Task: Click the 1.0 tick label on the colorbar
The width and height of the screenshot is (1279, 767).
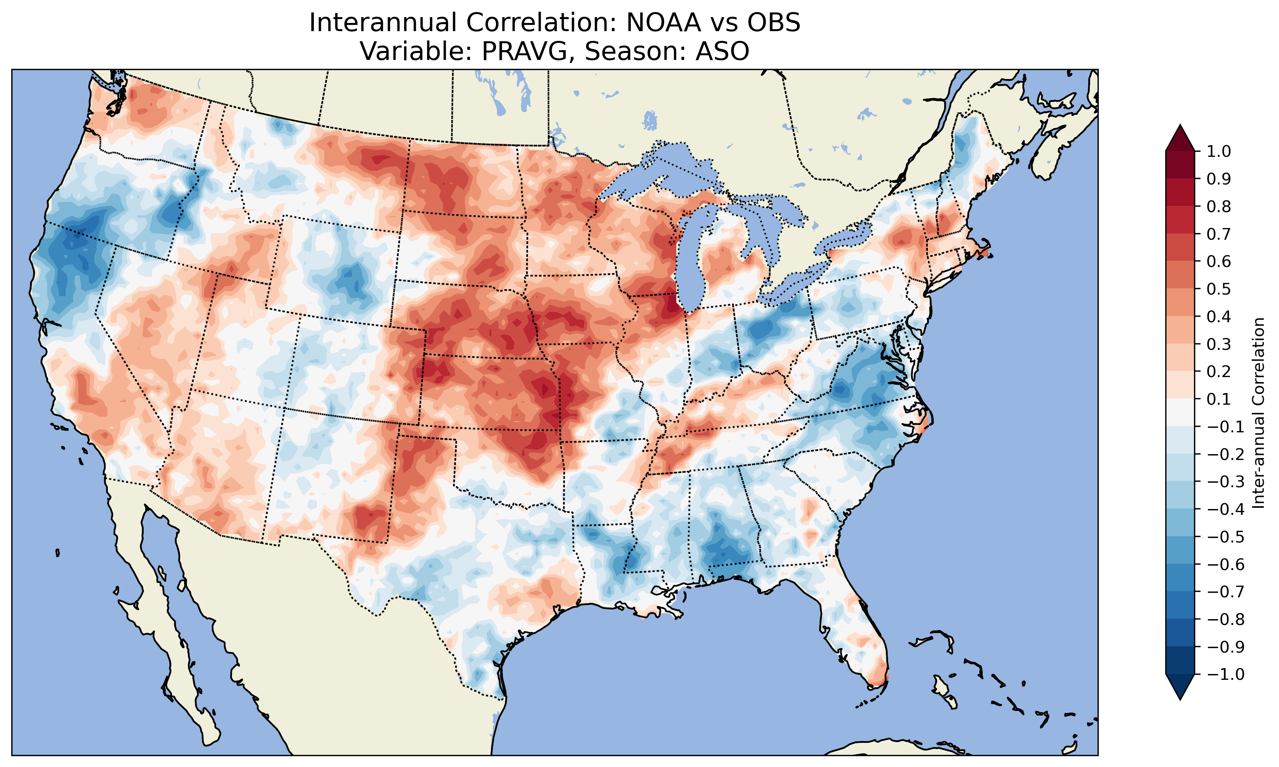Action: [1219, 151]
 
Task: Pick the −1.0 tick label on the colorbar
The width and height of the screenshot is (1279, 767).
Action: [1225, 674]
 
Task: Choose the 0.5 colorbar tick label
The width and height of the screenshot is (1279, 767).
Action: [1219, 289]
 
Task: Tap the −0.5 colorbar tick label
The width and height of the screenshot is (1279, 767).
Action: [1225, 537]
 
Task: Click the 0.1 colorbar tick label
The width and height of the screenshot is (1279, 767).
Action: [1219, 399]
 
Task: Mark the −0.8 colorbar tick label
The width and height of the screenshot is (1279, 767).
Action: [1225, 619]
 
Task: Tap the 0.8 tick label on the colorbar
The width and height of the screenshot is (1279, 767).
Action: [1219, 207]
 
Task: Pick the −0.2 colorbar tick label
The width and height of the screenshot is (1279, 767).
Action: [1225, 454]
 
